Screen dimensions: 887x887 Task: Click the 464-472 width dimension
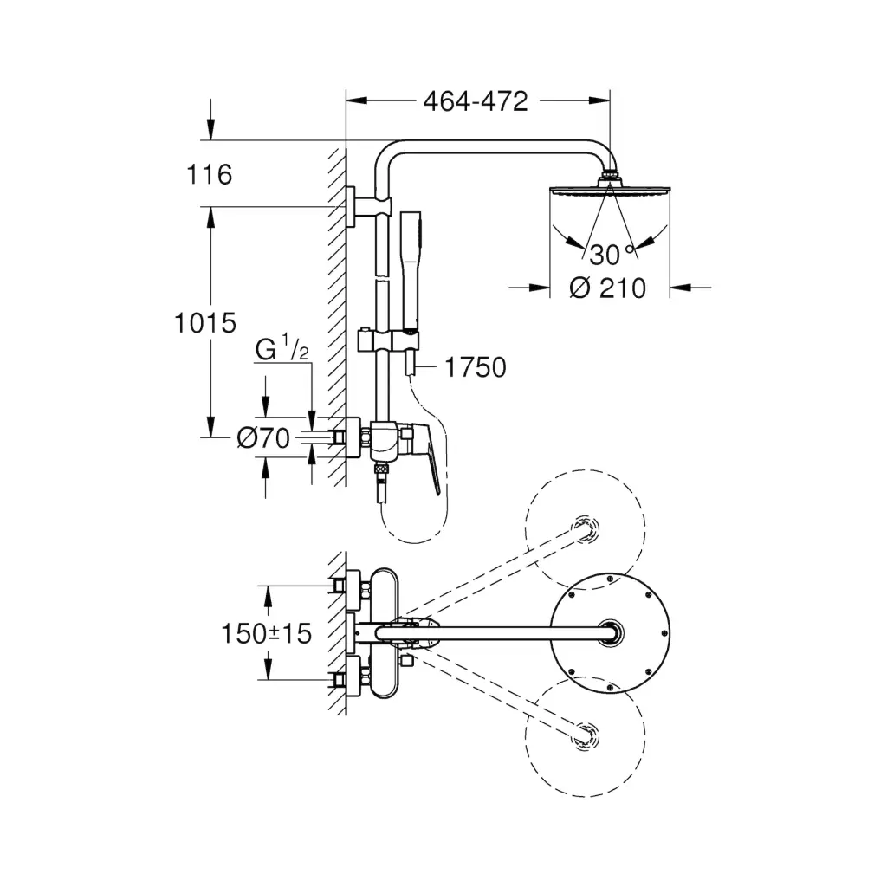point(475,101)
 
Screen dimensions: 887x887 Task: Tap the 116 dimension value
point(210,175)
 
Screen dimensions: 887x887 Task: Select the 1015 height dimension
point(204,323)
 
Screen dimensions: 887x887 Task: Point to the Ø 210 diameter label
point(608,288)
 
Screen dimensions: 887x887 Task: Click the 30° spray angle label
point(611,254)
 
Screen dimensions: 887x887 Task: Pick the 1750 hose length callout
point(475,367)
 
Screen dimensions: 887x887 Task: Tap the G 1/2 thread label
point(282,350)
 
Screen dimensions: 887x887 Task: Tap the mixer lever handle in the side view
point(430,459)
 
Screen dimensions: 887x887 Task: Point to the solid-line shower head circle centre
point(612,633)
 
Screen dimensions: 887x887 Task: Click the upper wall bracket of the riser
point(358,206)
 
